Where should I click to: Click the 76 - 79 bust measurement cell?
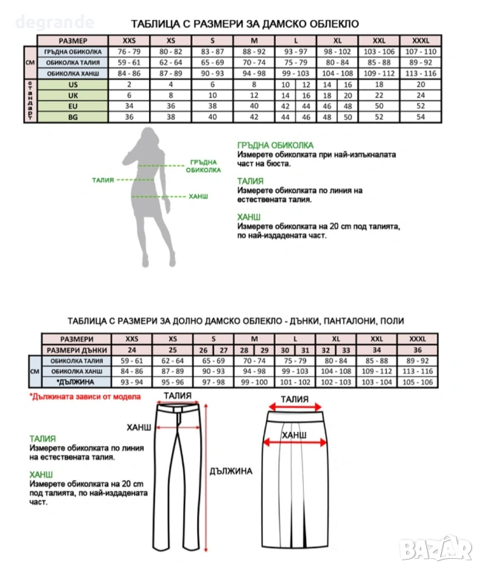coord(129,53)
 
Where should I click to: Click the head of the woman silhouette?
coord(146,137)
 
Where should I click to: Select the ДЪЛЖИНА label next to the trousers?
coord(230,471)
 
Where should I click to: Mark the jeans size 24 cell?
coord(132,350)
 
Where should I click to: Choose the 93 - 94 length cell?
coord(132,381)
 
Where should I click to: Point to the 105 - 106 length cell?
coord(418,381)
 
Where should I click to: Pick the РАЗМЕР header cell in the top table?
coord(72,40)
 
